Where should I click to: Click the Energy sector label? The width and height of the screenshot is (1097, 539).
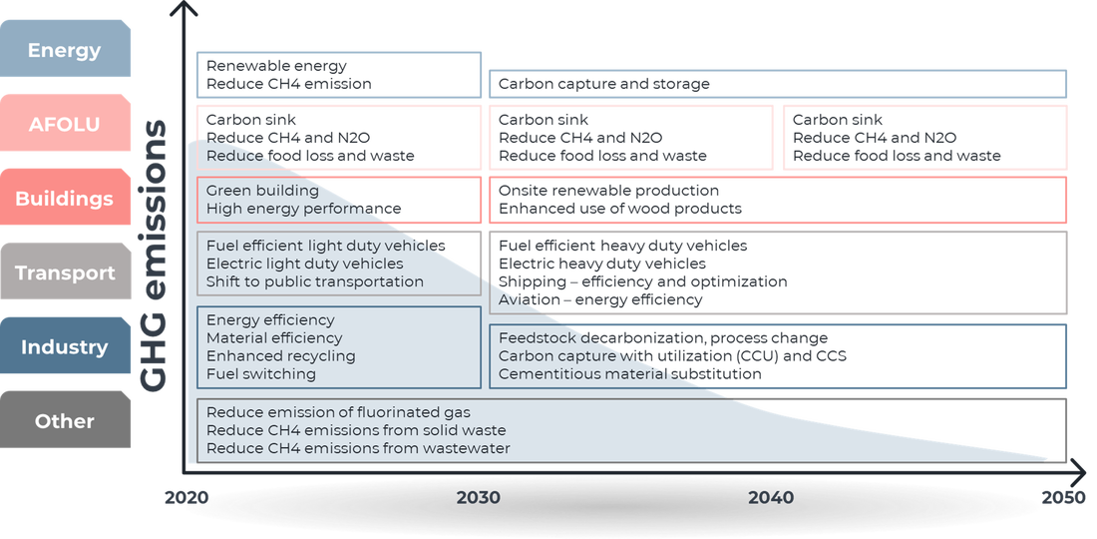[x=65, y=50]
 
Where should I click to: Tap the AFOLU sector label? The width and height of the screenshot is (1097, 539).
[x=65, y=125]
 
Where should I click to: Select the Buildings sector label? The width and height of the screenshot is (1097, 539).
[x=65, y=199]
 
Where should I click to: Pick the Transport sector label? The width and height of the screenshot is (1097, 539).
[x=65, y=273]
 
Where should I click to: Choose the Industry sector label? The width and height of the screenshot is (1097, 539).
[x=65, y=347]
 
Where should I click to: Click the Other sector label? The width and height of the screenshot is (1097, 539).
[x=65, y=421]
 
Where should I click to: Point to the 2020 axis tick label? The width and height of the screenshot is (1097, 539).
[x=186, y=498]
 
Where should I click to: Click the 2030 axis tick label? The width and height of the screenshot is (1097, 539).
[x=479, y=498]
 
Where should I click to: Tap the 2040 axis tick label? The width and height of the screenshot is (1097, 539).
[x=771, y=498]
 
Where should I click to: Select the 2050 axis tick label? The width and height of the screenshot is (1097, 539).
[x=1063, y=498]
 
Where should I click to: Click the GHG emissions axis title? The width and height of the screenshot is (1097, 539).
[x=154, y=256]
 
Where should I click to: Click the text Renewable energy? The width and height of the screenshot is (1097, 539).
[x=276, y=67]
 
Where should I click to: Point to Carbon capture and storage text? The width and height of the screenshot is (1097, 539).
[x=603, y=84]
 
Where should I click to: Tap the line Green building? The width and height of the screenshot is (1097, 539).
[x=262, y=191]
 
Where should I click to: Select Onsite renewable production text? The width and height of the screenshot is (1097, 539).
[x=608, y=191]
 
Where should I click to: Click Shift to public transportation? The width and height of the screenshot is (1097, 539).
[x=315, y=281]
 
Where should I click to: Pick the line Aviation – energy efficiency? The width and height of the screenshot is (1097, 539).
[x=600, y=299]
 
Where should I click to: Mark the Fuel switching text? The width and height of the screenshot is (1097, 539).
[x=261, y=373]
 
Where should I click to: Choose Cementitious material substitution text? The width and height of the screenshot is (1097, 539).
[x=629, y=373]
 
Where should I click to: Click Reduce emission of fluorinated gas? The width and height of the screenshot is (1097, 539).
[x=339, y=412]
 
